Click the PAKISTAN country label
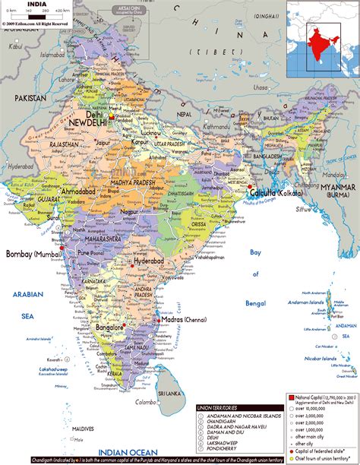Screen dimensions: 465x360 (x=29, y=99)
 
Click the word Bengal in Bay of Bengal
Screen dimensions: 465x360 (x=255, y=302)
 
